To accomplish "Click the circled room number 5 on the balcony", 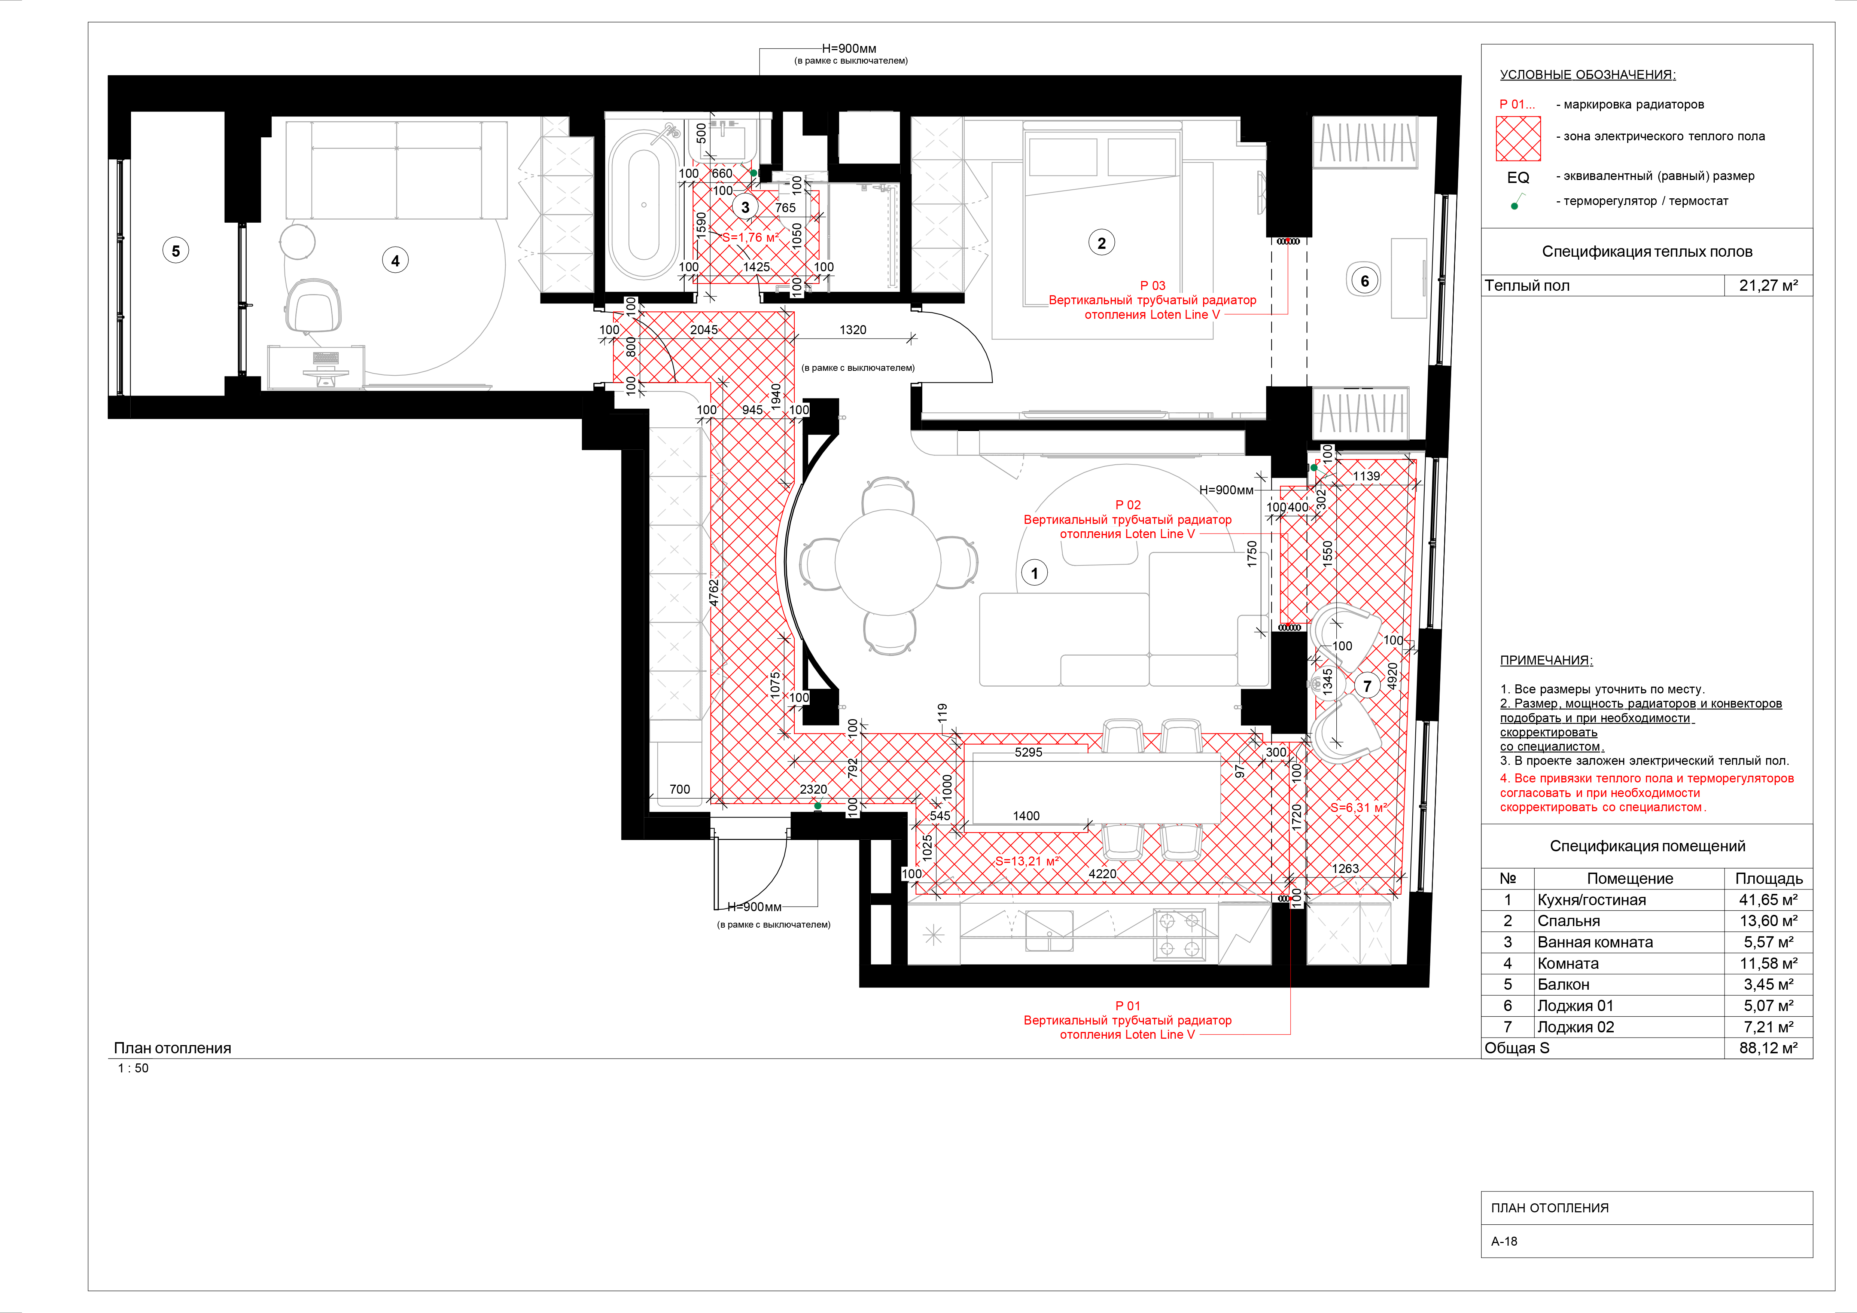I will pyautogui.click(x=176, y=251).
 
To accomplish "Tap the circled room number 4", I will pyautogui.click(x=395, y=260).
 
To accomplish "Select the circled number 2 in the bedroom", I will pyautogui.click(x=1101, y=242).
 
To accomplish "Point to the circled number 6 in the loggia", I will pyautogui.click(x=1364, y=281).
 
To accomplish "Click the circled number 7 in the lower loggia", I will pyautogui.click(x=1367, y=685).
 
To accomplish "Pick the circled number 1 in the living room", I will pyautogui.click(x=1033, y=573).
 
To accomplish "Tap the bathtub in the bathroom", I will pyautogui.click(x=644, y=206).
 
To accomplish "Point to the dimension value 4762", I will pyautogui.click(x=713, y=593).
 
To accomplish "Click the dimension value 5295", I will pyautogui.click(x=1028, y=752).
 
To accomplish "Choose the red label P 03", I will pyautogui.click(x=1153, y=285).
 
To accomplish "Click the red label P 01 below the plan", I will pyautogui.click(x=1127, y=1006).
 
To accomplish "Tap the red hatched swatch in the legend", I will pyautogui.click(x=1518, y=138).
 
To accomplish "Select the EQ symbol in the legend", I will pyautogui.click(x=1518, y=177).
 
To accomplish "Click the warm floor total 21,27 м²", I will pyautogui.click(x=1768, y=285).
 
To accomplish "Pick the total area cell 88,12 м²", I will pyautogui.click(x=1768, y=1048).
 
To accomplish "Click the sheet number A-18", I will pyautogui.click(x=1504, y=1241).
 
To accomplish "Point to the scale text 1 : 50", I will pyautogui.click(x=134, y=1068).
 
